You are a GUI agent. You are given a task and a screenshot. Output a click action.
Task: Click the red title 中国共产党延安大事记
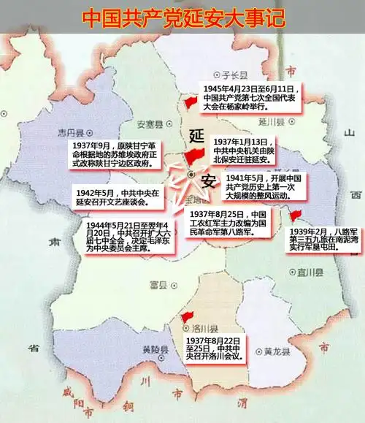[x=183, y=16]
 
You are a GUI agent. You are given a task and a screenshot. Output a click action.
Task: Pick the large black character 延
[x=196, y=136]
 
